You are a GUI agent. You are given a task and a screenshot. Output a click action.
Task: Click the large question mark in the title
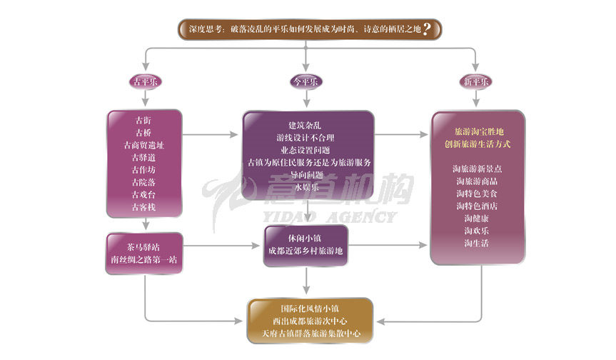427,29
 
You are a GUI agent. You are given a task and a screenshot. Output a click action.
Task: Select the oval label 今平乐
306,81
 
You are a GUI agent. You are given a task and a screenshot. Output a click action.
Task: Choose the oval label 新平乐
476,81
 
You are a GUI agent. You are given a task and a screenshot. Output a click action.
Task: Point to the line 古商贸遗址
143,144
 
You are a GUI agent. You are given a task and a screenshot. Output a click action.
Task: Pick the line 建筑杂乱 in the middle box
307,125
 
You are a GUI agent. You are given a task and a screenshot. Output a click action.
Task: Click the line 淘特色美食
478,194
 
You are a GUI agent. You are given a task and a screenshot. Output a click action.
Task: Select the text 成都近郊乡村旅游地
306,252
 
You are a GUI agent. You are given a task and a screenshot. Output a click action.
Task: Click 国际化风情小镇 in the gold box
310,309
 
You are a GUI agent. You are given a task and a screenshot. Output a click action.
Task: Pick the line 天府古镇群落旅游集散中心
310,334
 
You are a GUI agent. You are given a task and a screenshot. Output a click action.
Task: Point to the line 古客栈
143,207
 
